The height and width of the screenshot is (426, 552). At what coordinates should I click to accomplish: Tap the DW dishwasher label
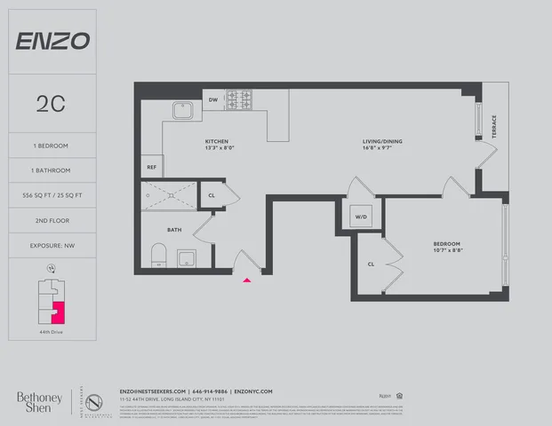[212, 99]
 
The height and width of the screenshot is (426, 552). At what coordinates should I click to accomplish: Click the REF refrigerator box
[151, 167]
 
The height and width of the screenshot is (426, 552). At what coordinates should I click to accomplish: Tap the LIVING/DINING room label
[357, 143]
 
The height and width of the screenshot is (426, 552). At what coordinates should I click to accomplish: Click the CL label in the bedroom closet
[370, 264]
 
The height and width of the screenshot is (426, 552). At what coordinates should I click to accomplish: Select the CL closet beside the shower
[212, 195]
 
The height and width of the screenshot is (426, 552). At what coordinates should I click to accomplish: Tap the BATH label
[174, 228]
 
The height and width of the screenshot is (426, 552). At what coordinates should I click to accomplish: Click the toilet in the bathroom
[158, 256]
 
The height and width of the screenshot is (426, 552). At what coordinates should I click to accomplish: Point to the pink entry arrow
[248, 280]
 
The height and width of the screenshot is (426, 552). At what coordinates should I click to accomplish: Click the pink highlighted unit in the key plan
[59, 314]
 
